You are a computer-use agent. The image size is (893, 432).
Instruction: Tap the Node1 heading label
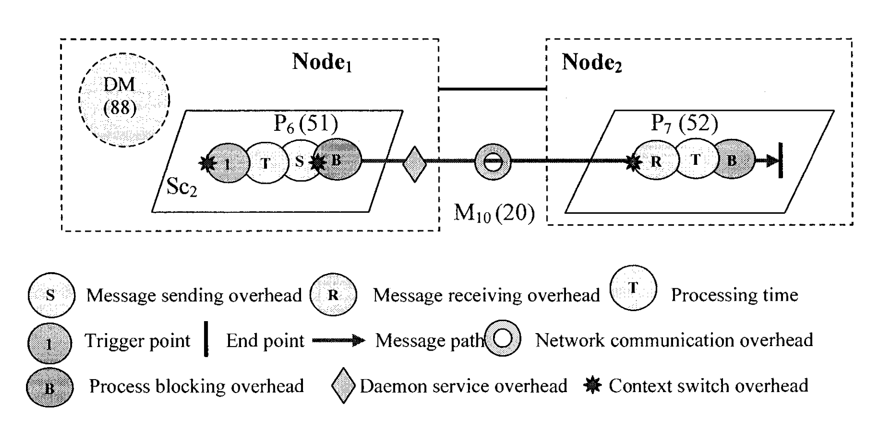pos(322,62)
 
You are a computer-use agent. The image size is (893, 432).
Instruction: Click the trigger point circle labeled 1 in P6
pos(227,163)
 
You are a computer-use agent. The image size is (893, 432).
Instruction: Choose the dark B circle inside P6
pos(337,160)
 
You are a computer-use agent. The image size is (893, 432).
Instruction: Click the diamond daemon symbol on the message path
pos(414,164)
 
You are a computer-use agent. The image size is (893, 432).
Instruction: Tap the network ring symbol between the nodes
pos(492,162)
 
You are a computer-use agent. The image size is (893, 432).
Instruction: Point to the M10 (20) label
pos(494,213)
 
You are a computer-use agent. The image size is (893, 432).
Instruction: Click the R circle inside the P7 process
pos(655,160)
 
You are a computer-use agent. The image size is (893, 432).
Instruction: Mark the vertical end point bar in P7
pos(780,161)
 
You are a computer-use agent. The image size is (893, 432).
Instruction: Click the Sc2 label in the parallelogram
pos(181,187)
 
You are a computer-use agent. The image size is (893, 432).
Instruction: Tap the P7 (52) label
pos(684,123)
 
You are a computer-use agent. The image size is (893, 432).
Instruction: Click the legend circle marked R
pos(333,295)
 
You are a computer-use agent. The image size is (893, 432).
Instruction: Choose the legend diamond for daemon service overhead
pos(343,386)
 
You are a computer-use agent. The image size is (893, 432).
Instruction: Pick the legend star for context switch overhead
pos(592,386)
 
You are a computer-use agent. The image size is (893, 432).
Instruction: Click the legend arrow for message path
pos(338,341)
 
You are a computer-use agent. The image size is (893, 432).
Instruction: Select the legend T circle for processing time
pos(633,288)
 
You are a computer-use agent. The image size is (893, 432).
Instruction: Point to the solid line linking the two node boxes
pos(492,89)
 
